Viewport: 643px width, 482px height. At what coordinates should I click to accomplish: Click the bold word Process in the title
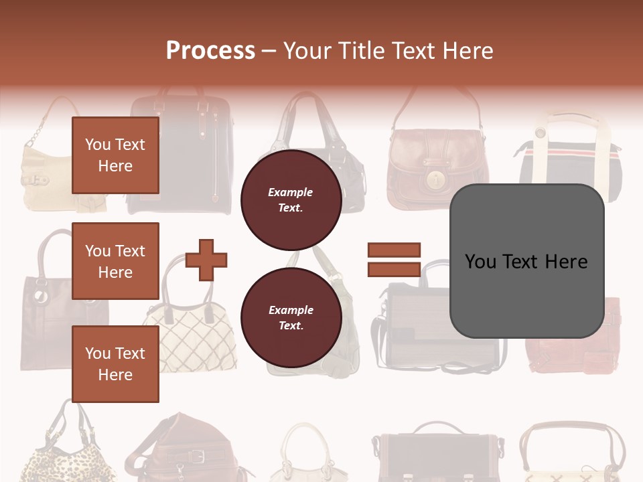(x=210, y=50)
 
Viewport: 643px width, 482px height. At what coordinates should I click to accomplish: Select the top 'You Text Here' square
(x=115, y=155)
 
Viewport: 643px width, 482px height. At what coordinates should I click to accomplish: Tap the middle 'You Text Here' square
(x=115, y=261)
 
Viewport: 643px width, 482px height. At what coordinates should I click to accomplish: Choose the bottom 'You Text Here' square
(x=115, y=364)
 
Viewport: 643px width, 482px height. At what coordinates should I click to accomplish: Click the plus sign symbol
(x=206, y=260)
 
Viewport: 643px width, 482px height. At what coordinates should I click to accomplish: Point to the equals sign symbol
(x=394, y=260)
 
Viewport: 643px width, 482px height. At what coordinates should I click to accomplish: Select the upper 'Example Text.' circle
(x=291, y=199)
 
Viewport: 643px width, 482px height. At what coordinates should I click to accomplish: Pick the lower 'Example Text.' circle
(x=291, y=317)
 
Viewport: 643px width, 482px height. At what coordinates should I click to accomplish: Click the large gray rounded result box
(x=526, y=261)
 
